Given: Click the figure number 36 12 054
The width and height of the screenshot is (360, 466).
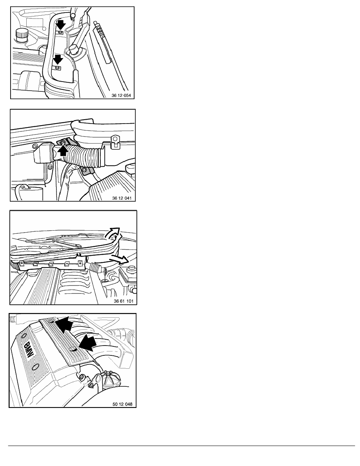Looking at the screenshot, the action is [x=121, y=95].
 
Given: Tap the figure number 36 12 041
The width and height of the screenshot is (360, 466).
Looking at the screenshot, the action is [x=122, y=198].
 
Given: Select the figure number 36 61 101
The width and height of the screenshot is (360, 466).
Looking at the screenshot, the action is [x=124, y=301].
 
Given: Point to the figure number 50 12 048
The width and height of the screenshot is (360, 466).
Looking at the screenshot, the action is [x=122, y=404].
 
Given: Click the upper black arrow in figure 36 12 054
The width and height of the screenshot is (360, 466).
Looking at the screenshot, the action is [x=60, y=25].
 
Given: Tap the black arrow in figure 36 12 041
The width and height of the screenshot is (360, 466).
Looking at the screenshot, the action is [x=62, y=151].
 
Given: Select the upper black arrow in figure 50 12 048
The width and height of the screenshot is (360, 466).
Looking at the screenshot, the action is [x=64, y=324].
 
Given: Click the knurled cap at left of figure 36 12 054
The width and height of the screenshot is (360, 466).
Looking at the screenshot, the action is [x=21, y=34].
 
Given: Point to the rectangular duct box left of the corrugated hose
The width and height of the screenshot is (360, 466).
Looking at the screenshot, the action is [x=45, y=153].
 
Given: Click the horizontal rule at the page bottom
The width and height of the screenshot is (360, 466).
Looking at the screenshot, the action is [x=182, y=446].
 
